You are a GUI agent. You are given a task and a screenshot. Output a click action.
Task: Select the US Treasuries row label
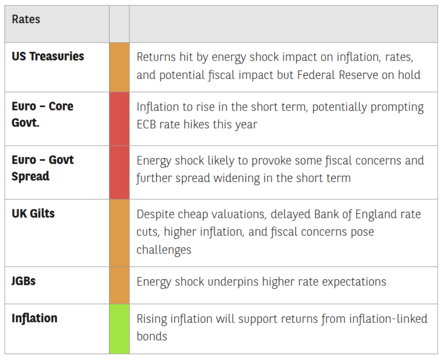48,56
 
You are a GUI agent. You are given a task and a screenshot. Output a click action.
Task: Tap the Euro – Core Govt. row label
43,114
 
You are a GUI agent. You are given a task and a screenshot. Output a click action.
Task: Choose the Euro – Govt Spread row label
43,168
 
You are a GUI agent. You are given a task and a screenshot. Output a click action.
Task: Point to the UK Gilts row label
33,213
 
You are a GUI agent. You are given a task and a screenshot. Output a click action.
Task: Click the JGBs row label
23,281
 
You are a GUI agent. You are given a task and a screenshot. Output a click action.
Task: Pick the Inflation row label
34,318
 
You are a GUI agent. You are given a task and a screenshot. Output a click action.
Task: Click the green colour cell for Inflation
119,328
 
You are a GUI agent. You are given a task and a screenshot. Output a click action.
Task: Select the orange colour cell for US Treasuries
119,67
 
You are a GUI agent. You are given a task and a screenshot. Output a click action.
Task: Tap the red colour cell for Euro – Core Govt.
119,119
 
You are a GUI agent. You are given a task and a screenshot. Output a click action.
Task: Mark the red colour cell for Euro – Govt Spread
119,172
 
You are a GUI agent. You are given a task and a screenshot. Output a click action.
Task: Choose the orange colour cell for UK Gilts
119,233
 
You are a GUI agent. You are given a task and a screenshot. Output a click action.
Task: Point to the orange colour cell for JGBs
119,285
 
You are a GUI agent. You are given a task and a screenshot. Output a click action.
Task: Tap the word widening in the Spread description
237,178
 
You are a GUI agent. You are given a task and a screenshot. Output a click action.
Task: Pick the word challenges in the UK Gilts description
164,250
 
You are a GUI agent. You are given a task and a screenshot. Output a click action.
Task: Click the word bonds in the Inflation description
152,336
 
